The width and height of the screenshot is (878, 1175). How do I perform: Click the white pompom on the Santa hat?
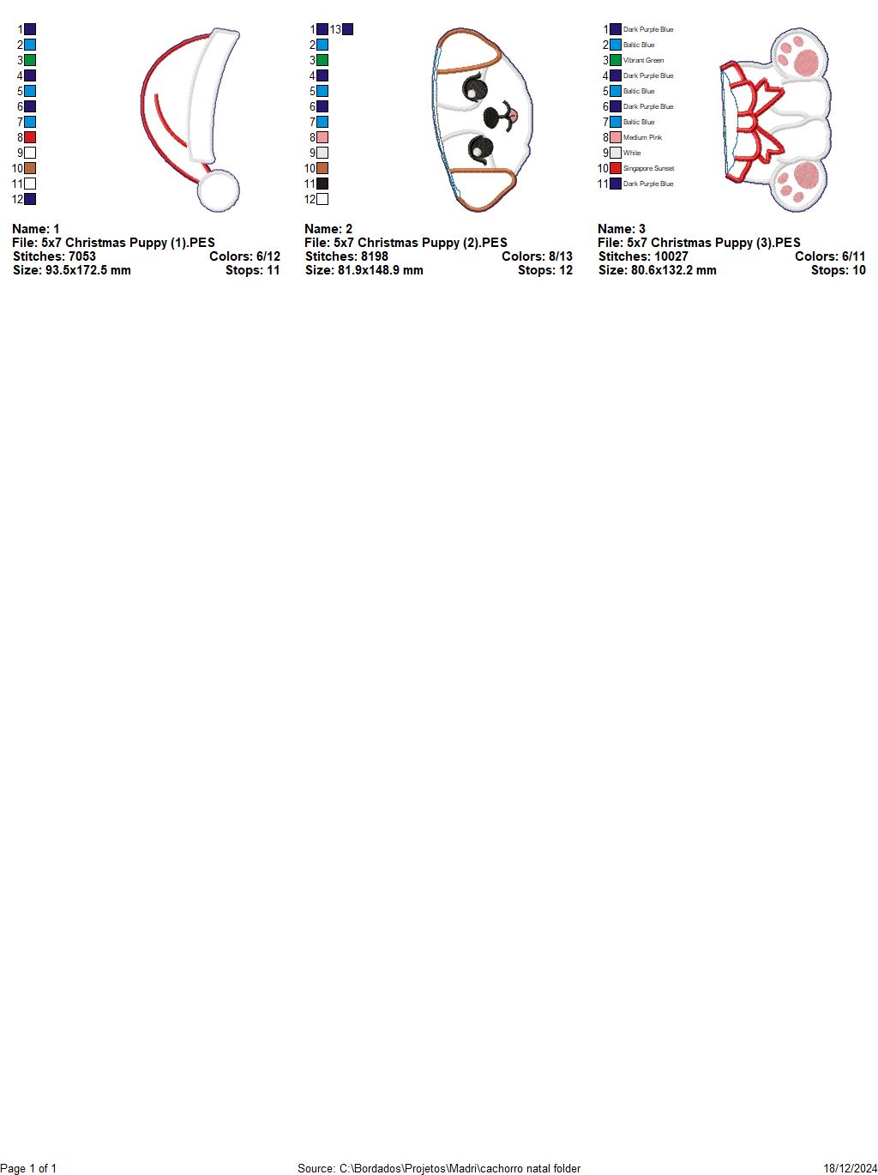click(219, 190)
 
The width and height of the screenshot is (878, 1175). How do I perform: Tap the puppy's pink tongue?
click(512, 114)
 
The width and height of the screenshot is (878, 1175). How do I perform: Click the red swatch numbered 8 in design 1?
click(30, 137)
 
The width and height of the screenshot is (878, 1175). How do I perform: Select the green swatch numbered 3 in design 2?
click(322, 60)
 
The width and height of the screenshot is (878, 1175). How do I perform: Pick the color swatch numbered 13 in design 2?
click(347, 29)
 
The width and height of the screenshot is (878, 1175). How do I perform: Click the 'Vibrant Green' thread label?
click(643, 60)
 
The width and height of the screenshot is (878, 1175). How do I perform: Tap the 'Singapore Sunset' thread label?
click(648, 168)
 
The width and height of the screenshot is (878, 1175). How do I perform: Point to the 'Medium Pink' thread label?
click(642, 137)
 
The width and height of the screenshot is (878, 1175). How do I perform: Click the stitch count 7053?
click(82, 256)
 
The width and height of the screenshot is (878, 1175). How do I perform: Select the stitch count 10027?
click(671, 256)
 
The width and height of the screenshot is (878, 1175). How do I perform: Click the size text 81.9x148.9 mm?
click(380, 270)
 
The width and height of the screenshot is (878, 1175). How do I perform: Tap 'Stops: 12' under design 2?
click(544, 270)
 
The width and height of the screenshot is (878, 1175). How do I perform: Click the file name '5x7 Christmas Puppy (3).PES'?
click(713, 243)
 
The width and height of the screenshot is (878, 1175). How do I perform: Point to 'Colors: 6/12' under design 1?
click(244, 256)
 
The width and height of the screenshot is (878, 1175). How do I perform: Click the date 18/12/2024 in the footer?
click(851, 1168)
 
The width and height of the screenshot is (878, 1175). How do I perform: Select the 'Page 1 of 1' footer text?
click(28, 1168)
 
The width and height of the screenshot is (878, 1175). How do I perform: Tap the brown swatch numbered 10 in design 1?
click(30, 168)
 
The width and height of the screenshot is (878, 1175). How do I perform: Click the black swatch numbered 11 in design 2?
click(322, 184)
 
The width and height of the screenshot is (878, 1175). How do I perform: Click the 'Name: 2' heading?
click(328, 229)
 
